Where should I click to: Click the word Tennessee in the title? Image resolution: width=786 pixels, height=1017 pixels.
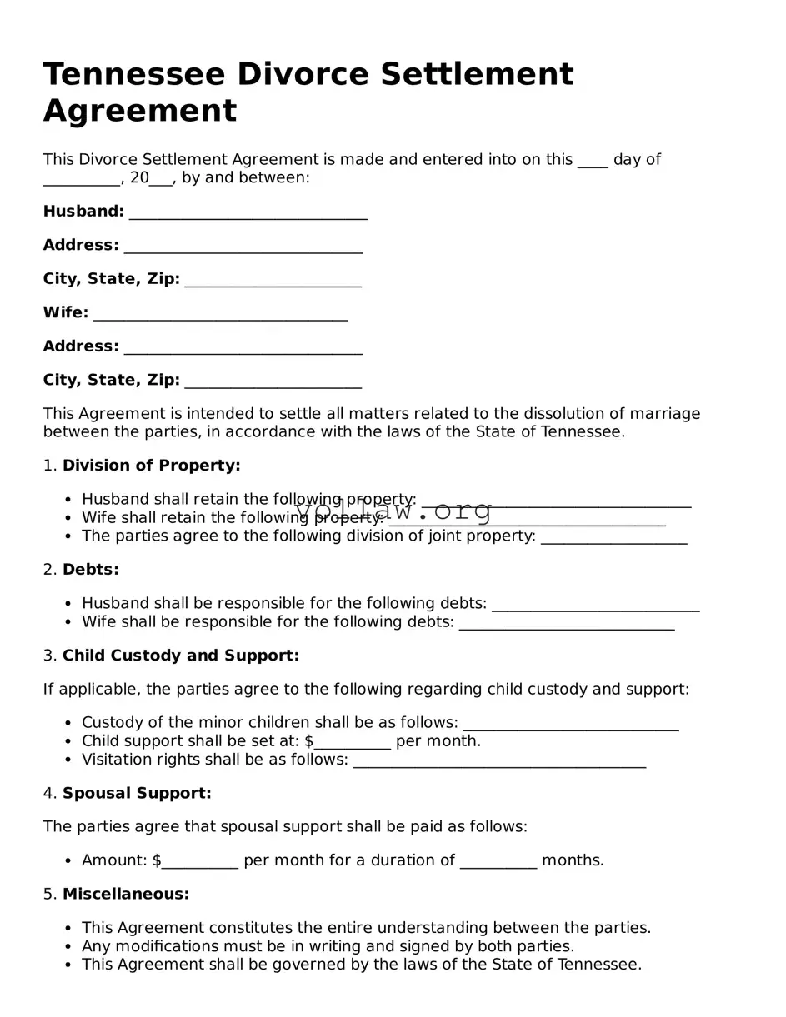tap(133, 75)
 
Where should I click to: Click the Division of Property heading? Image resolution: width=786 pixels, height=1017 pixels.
tap(151, 466)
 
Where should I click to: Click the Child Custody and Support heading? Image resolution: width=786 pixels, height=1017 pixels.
tap(180, 656)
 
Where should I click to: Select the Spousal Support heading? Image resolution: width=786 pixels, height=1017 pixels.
tap(137, 793)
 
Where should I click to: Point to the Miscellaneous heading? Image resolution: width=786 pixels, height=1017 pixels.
tap(126, 894)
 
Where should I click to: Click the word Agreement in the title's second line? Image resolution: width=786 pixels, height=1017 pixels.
tap(139, 111)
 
